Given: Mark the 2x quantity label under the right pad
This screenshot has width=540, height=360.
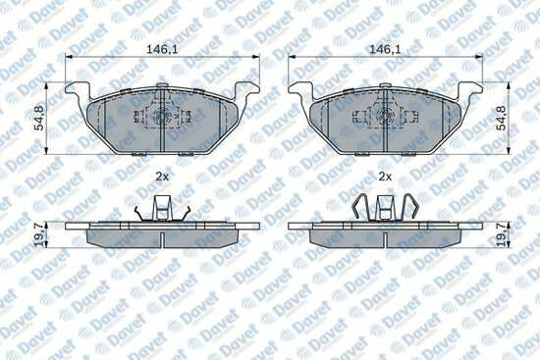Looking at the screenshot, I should click(385, 177).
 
